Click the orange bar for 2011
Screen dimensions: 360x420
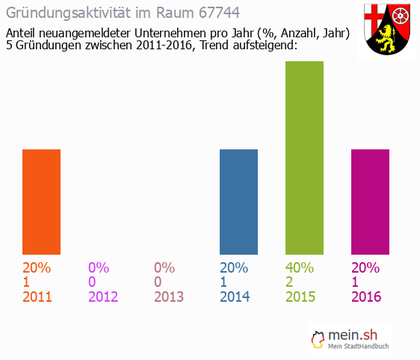coord(41,202)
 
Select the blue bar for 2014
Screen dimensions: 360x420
coord(238,202)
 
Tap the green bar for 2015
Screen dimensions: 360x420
coord(304,158)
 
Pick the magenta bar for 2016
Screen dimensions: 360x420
coord(370,202)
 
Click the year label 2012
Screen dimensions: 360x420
coord(103,297)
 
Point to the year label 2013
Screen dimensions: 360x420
coord(168,297)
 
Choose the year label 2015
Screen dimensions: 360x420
coord(300,297)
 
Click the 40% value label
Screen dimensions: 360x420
coord(300,267)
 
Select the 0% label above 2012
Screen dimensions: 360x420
coord(99,267)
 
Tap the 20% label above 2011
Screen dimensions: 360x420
coord(37,267)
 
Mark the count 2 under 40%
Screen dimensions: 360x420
coord(290,282)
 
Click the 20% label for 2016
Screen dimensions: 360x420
coord(366,267)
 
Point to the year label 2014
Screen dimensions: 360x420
coord(235,297)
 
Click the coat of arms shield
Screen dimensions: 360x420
coord(387,30)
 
